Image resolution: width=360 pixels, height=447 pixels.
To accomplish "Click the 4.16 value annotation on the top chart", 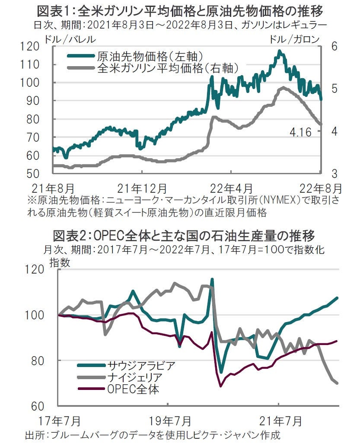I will (299, 132).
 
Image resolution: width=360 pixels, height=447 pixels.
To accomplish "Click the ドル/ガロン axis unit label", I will (294, 39).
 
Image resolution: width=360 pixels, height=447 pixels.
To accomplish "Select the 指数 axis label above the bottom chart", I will (60, 262).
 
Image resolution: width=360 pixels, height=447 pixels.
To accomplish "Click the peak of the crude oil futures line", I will (280, 51).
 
